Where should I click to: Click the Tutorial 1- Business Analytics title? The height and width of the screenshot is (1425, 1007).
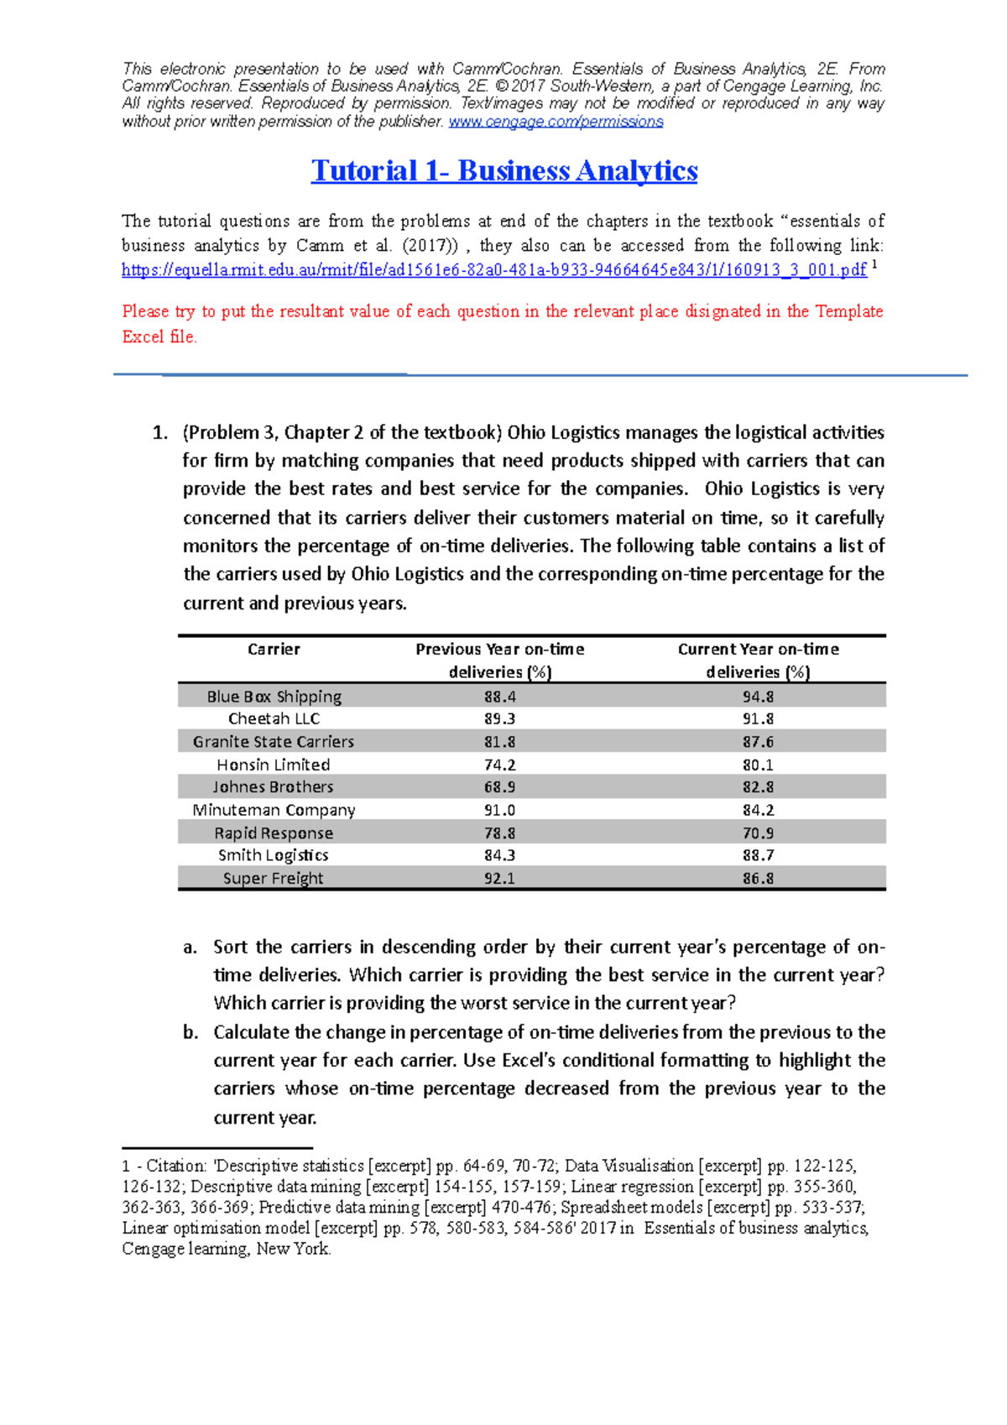click(503, 171)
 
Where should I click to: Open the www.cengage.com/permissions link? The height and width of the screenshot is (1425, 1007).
click(556, 122)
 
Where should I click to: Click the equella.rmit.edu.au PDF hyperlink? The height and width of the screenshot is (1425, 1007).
click(493, 270)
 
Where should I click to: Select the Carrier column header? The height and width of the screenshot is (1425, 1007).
click(274, 649)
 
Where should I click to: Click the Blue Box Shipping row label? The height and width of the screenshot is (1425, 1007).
click(274, 697)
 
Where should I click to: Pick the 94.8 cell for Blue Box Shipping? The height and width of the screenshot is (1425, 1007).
click(758, 697)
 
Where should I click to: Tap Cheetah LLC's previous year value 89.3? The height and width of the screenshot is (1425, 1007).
click(499, 719)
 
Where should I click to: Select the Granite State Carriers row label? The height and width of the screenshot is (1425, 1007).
click(274, 742)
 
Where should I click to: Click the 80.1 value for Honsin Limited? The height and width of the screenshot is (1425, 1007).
click(758, 765)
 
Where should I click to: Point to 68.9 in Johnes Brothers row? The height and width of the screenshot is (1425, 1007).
click(499, 787)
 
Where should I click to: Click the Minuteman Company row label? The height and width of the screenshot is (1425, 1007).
click(274, 810)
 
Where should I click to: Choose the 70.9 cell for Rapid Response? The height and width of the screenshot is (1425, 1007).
click(758, 833)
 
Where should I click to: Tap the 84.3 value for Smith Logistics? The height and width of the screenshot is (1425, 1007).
click(499, 855)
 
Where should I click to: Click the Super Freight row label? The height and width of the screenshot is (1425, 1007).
click(274, 879)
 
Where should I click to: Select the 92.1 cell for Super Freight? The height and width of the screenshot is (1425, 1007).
click(499, 879)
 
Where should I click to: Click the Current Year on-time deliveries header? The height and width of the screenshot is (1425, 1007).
click(758, 660)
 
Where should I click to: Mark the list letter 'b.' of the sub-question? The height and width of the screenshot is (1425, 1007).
click(190, 1032)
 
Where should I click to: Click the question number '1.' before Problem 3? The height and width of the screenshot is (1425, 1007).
click(159, 433)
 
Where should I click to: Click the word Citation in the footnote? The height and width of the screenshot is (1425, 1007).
click(175, 1166)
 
